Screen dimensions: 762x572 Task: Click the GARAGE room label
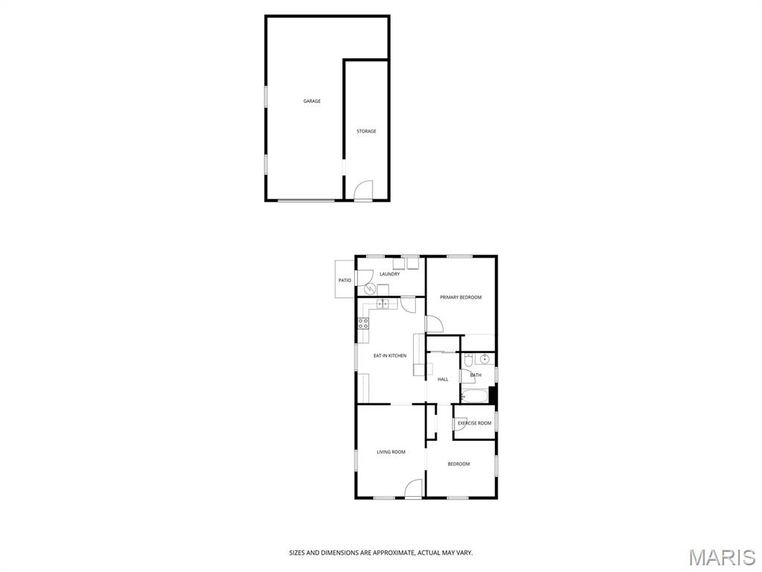point(312,101)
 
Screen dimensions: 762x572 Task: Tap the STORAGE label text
point(366,131)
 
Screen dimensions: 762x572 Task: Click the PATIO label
point(345,281)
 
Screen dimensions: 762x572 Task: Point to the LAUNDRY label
point(390,274)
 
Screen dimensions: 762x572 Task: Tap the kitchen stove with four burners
point(363,323)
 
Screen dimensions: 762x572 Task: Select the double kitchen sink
point(382,304)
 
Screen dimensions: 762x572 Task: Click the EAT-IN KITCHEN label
point(390,356)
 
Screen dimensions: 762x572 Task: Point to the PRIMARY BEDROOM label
point(461,297)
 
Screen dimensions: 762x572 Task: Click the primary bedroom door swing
point(434,325)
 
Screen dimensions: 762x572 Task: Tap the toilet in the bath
point(468,360)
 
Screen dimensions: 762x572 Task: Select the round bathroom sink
point(484,360)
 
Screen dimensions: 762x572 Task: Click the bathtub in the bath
point(474,395)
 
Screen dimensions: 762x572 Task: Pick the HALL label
point(443,379)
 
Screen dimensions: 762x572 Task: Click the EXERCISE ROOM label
point(474,423)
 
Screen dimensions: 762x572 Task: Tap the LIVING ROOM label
point(391,452)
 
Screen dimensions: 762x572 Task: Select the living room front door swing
point(414,489)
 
